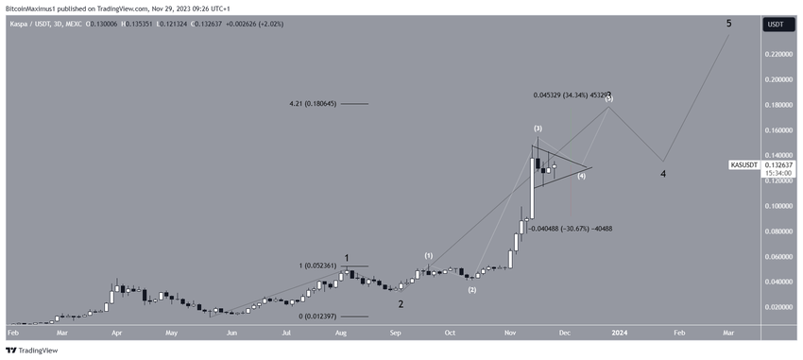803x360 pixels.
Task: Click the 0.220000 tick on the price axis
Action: click(777, 55)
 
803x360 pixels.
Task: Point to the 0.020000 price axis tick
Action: click(777, 307)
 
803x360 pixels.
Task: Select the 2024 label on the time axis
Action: click(619, 333)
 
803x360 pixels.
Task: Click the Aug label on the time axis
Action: click(340, 333)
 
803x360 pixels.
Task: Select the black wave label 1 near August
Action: click(348, 257)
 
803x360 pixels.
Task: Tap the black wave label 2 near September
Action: click(401, 303)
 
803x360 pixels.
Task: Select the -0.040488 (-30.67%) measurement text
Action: click(571, 228)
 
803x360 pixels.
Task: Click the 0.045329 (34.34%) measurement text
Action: click(565, 95)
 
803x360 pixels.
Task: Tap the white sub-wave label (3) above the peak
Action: click(537, 128)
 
